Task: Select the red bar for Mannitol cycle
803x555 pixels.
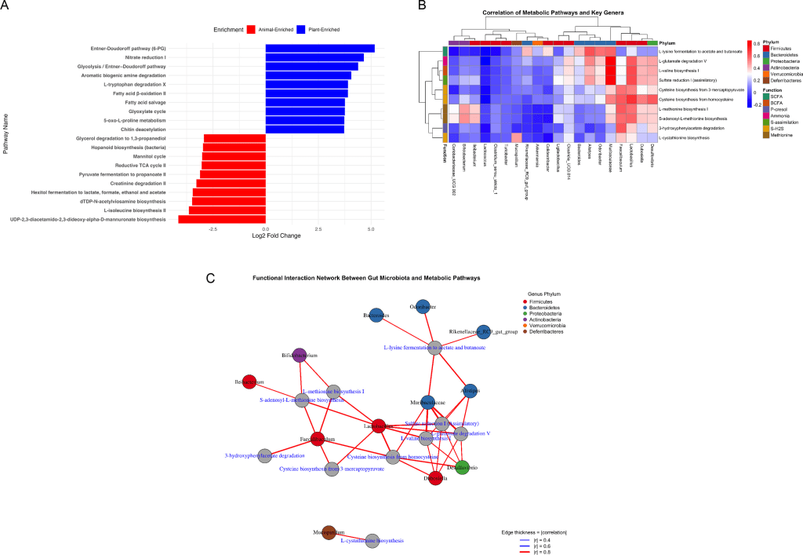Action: [234, 156]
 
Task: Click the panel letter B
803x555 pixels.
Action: [422, 5]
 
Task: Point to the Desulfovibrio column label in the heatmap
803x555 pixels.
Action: [652, 154]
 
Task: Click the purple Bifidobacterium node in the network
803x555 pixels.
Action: [298, 356]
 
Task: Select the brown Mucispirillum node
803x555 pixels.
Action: [329, 532]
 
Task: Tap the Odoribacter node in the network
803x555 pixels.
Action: [423, 306]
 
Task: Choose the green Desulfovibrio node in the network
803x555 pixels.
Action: [461, 468]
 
